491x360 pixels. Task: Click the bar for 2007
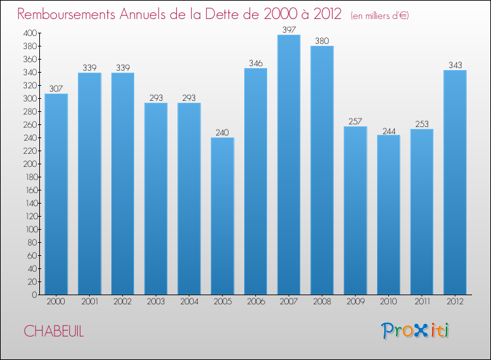289,165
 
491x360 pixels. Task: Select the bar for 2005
222,216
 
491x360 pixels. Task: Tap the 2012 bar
455,182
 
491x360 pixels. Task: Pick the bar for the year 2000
56,194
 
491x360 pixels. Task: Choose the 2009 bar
355,210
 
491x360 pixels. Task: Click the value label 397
289,29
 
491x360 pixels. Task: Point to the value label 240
222,132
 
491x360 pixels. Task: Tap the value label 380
322,41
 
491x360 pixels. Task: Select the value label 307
56,88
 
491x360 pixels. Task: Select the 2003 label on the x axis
156,302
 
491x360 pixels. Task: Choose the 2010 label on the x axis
389,302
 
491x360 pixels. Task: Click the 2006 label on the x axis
255,302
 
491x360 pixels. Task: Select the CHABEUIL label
54,331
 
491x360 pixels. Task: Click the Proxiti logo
416,331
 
